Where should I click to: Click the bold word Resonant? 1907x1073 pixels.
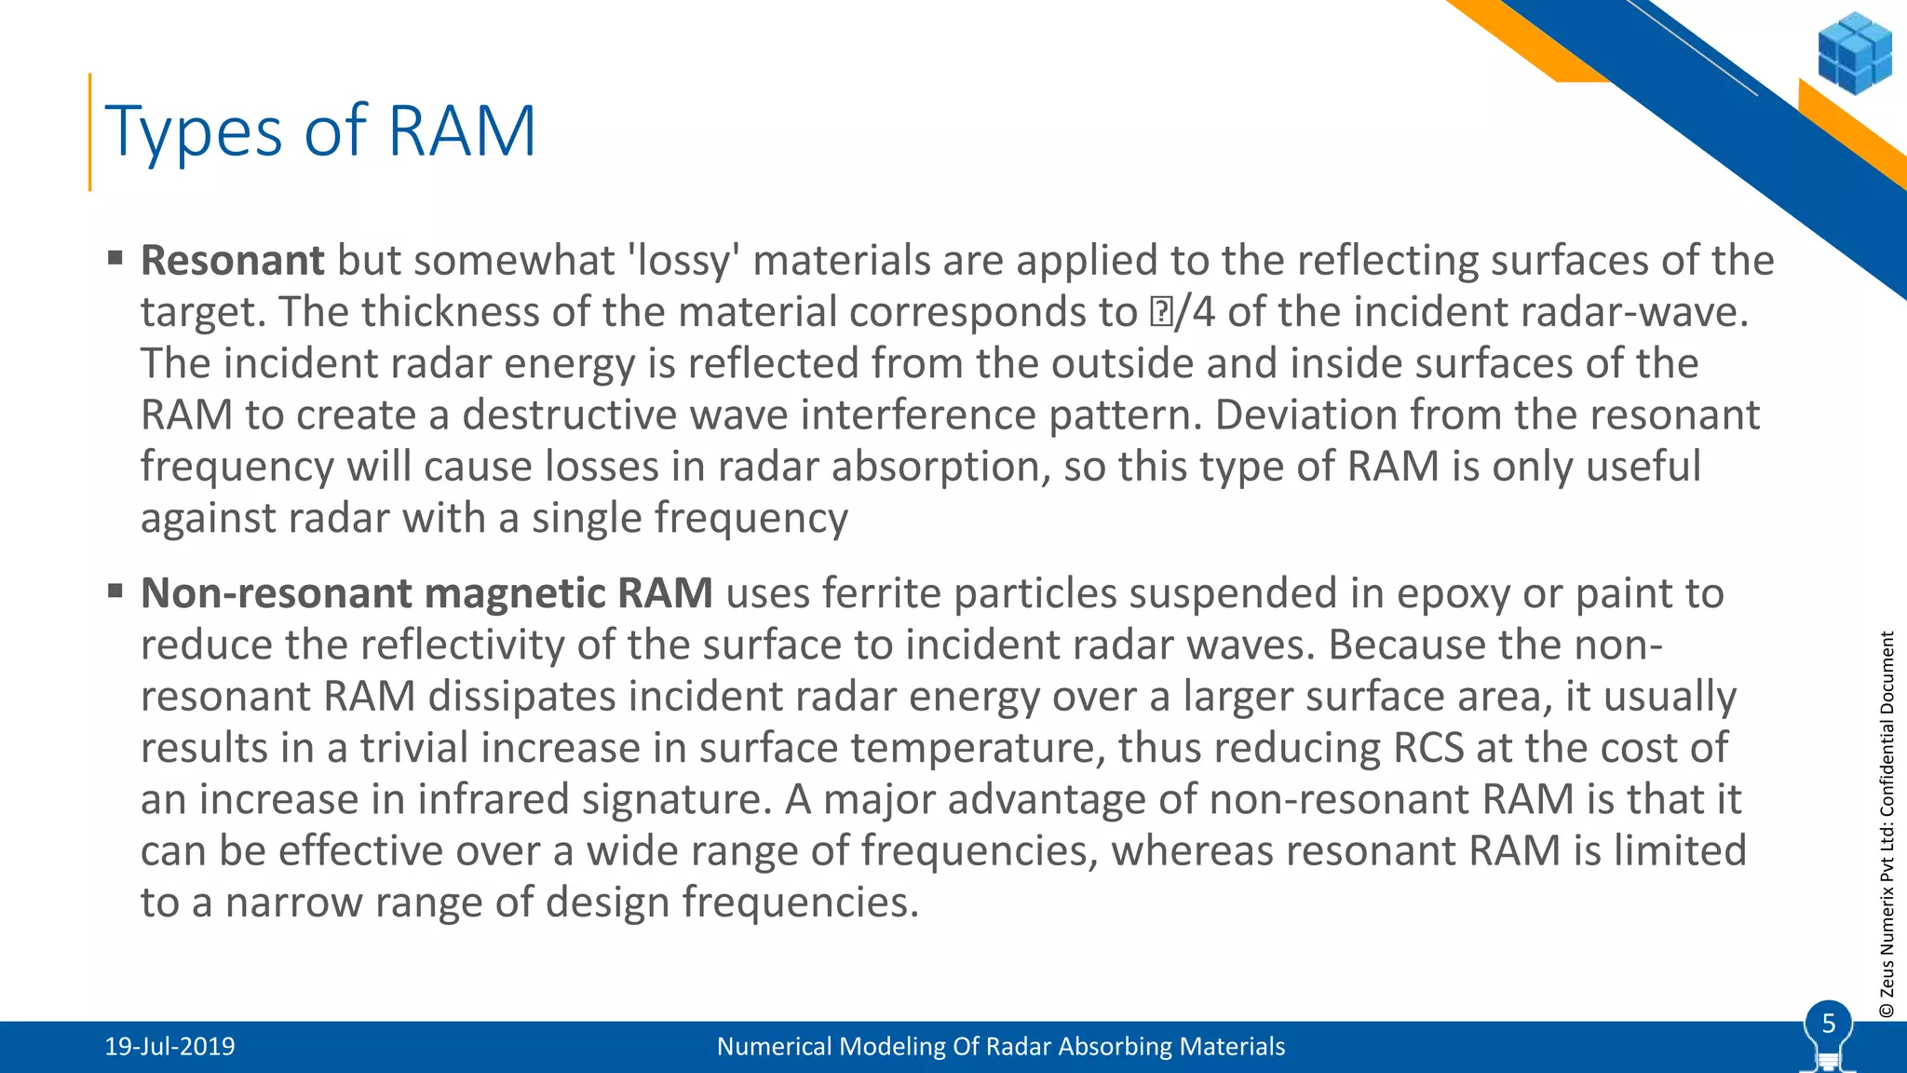coord(232,261)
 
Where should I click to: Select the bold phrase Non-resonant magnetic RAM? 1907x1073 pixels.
coord(426,593)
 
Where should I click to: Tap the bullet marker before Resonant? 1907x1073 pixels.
coord(115,258)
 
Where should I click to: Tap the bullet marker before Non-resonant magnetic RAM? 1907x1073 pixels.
coord(115,591)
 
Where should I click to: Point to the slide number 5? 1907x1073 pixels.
coord(1828,1024)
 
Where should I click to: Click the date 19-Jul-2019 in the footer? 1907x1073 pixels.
coord(169,1047)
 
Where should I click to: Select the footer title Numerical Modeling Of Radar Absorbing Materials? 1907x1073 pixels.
coord(1000,1047)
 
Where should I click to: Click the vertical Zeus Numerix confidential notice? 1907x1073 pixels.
coord(1887,824)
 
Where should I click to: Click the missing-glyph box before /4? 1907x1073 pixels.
coord(1161,313)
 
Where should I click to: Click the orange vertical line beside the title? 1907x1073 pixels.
coord(89,131)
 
